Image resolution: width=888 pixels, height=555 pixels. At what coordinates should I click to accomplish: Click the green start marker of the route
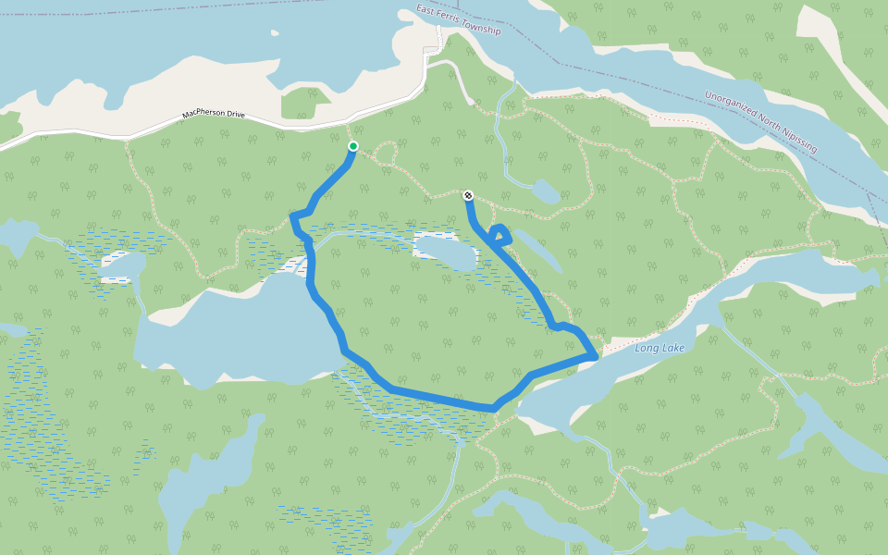352,146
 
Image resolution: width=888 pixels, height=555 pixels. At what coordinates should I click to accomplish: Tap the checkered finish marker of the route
468,195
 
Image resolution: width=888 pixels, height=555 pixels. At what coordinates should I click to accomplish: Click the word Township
482,28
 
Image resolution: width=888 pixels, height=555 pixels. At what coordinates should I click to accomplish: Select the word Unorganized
731,105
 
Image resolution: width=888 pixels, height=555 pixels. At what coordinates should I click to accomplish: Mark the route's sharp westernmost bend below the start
294,216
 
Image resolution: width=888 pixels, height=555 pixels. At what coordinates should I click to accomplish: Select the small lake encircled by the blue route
444,251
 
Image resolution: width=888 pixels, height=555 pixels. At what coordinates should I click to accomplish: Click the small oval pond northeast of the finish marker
545,191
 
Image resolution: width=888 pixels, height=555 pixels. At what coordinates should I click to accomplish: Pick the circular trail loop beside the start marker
385,154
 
